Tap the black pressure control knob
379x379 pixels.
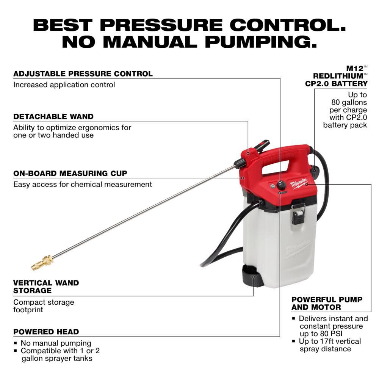click(x=281, y=185)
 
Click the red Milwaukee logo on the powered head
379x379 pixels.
click(x=299, y=185)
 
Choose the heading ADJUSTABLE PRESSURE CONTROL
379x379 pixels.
click(x=83, y=74)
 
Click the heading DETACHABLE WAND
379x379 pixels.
click(x=53, y=116)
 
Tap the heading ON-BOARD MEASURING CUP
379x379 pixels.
click(x=70, y=173)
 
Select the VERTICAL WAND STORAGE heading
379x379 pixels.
click(x=46, y=287)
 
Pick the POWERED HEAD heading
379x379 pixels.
click(x=46, y=332)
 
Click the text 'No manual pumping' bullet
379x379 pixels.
click(x=56, y=343)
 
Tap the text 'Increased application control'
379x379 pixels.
click(x=64, y=85)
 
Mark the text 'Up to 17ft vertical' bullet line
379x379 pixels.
click(x=330, y=341)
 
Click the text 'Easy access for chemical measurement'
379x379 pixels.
click(x=83, y=184)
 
